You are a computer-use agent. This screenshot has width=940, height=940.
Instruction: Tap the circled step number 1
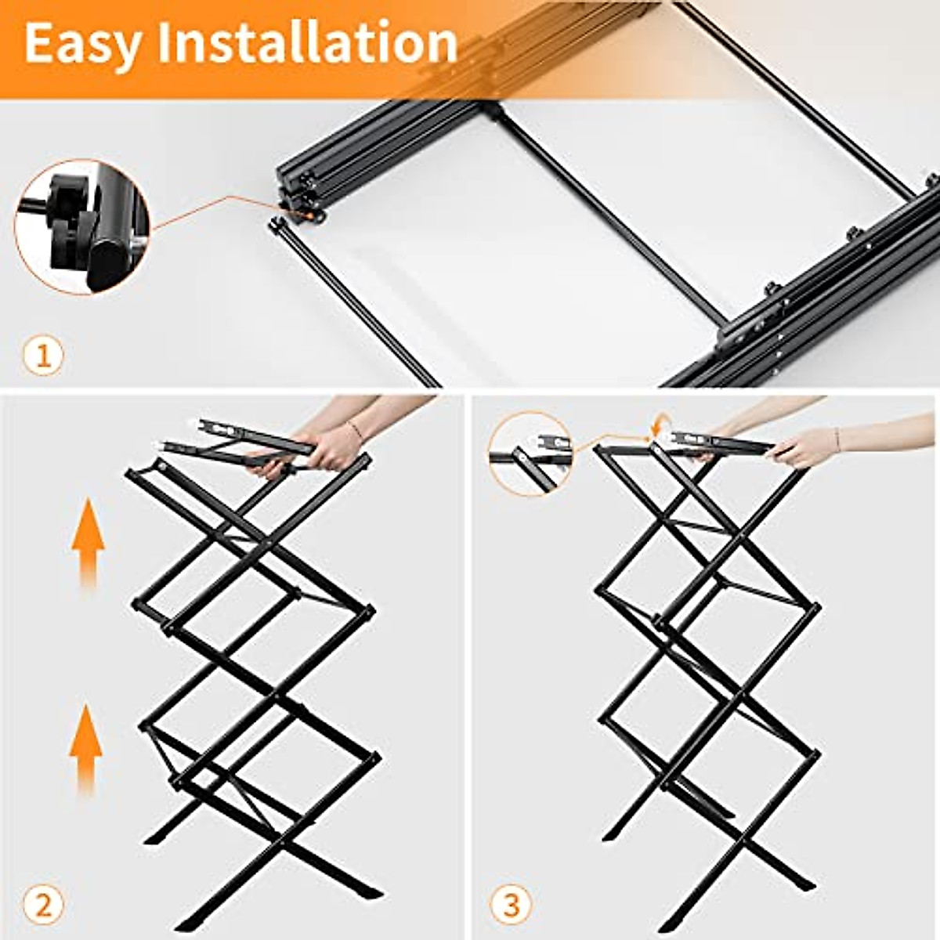[x=43, y=357]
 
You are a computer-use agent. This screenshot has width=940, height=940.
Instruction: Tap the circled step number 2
[x=43, y=906]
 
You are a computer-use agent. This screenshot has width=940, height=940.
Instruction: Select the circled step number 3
[x=511, y=906]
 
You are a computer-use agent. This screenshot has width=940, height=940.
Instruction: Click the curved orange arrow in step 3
[x=656, y=426]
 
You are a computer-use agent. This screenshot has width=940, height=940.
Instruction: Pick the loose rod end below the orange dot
[x=276, y=225]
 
